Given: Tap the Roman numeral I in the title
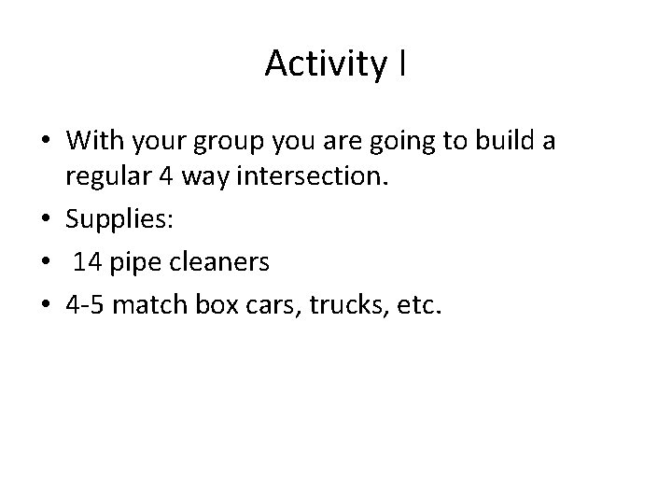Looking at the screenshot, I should pos(400,63).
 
